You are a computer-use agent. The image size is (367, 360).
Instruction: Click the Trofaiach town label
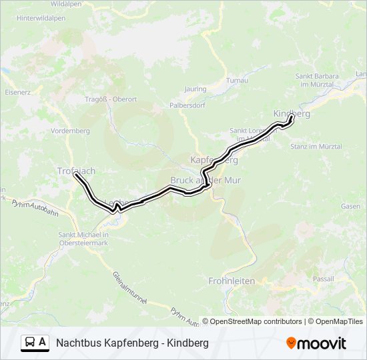(76, 171)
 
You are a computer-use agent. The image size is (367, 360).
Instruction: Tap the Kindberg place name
(292, 114)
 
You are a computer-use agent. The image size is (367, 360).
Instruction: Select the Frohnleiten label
(232, 281)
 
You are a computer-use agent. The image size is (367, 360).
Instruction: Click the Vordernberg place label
(70, 131)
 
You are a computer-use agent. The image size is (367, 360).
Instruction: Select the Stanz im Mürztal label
(321, 146)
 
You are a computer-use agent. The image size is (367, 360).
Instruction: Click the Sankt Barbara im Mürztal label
(316, 79)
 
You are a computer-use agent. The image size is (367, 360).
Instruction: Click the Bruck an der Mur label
(206, 181)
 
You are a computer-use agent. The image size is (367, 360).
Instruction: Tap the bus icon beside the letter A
(30, 343)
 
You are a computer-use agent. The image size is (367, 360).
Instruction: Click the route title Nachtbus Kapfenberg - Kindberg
(132, 343)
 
